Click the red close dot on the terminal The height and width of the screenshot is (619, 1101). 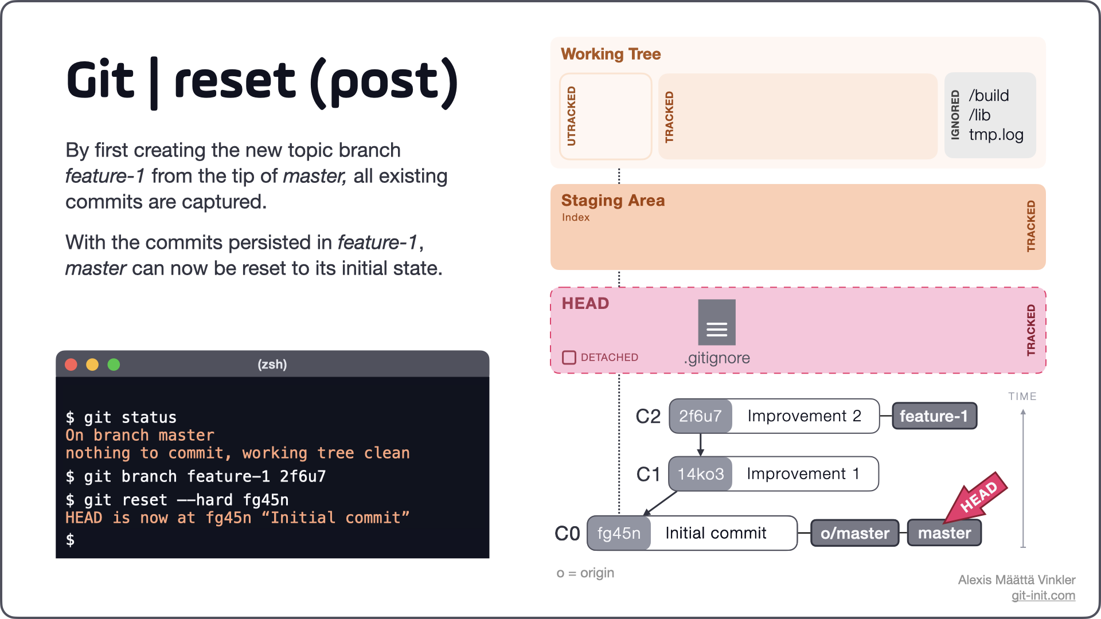pos(71,365)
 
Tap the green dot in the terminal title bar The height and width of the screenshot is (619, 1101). pos(114,365)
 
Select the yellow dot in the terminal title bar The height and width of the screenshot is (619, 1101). pos(92,365)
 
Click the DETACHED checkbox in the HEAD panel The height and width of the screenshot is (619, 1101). pos(569,358)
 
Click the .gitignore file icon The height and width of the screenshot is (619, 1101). pos(716,322)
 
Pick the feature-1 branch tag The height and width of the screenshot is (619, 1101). pos(934,416)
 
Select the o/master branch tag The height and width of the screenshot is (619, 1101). pos(854,533)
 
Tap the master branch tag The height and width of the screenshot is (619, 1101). pos(944,533)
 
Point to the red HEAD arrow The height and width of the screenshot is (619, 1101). pos(977,496)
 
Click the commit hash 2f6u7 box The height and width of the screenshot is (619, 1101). pos(700,416)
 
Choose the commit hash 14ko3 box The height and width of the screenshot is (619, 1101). pos(700,474)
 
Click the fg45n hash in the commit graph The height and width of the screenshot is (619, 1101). pos(619,533)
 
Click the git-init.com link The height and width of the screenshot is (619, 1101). pos(1043,596)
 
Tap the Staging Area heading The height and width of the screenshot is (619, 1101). pos(612,201)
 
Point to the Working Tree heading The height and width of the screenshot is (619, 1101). pos(610,54)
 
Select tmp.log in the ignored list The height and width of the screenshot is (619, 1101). pos(995,135)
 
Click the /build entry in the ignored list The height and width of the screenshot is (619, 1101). pos(989,96)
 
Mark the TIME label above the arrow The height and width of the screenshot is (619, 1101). pos(1022,396)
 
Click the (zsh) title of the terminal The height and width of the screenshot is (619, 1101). pos(272,365)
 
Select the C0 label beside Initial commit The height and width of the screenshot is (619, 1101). pos(567,534)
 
